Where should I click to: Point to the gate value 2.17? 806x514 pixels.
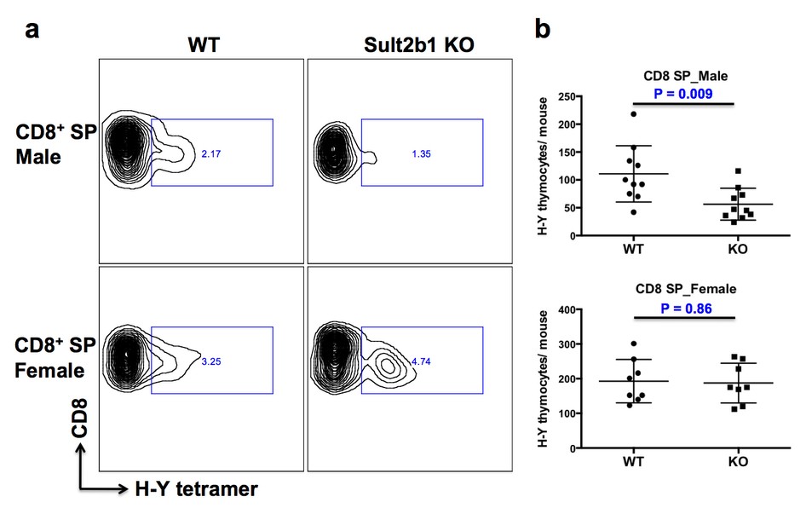click(x=210, y=154)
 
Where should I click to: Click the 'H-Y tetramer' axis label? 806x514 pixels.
click(x=196, y=488)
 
